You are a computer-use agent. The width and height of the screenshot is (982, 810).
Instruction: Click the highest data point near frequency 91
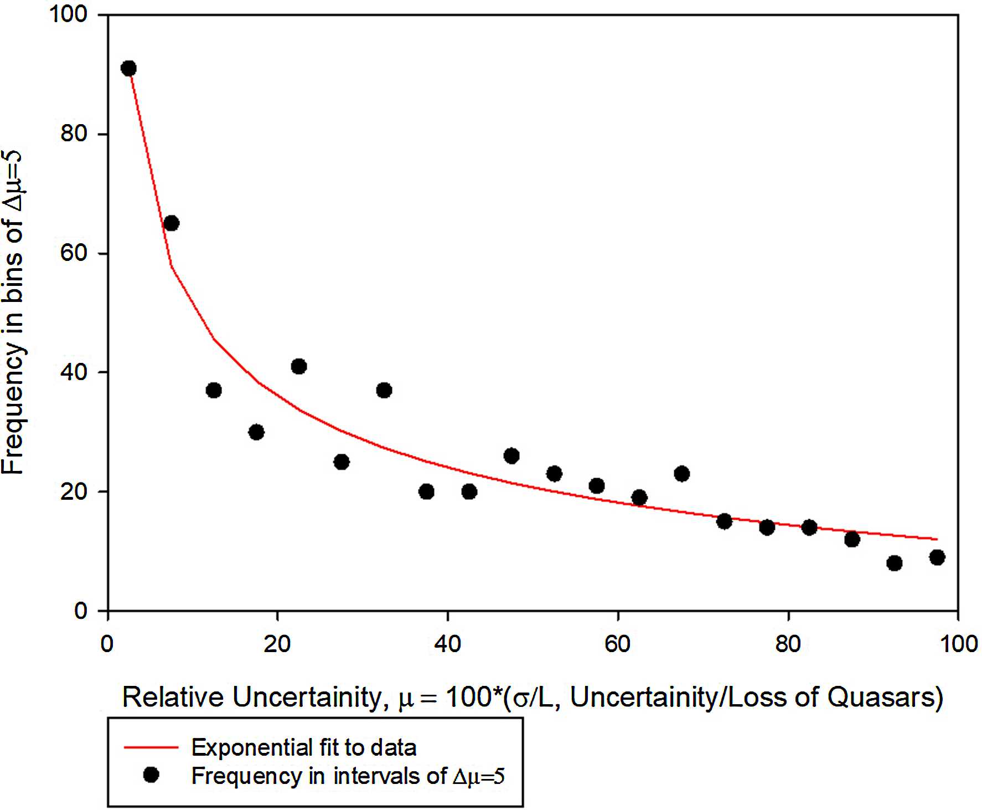pyautogui.click(x=128, y=69)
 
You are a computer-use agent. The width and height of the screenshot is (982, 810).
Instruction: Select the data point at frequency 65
pyautogui.click(x=171, y=223)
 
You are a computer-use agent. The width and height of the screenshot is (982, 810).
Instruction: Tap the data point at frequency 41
pyautogui.click(x=299, y=366)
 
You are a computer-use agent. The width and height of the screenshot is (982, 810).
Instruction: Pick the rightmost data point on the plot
pyautogui.click(x=937, y=557)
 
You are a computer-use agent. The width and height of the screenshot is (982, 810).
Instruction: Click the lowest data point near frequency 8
pyautogui.click(x=894, y=563)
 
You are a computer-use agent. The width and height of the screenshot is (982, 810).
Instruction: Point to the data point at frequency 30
pyautogui.click(x=256, y=432)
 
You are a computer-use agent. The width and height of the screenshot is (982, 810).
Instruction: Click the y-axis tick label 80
pyautogui.click(x=74, y=134)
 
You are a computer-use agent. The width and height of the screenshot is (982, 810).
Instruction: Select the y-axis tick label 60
pyautogui.click(x=74, y=253)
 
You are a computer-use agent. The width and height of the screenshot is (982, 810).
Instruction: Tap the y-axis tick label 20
pyautogui.click(x=74, y=491)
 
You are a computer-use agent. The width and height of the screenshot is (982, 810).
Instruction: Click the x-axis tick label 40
pyautogui.click(x=447, y=644)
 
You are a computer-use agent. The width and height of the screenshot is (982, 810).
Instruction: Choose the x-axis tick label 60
pyautogui.click(x=617, y=644)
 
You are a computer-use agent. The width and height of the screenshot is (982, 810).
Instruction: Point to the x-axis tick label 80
pyautogui.click(x=788, y=644)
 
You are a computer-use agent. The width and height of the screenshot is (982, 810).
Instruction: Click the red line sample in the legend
pyautogui.click(x=151, y=747)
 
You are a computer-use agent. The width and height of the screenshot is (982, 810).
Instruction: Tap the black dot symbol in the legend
pyautogui.click(x=151, y=775)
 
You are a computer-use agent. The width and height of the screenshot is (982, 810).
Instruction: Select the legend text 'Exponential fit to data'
pyautogui.click(x=303, y=748)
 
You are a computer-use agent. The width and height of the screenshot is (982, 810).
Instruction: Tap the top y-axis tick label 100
pyautogui.click(x=69, y=14)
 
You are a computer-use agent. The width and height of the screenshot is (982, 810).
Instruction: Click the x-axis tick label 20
pyautogui.click(x=277, y=644)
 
